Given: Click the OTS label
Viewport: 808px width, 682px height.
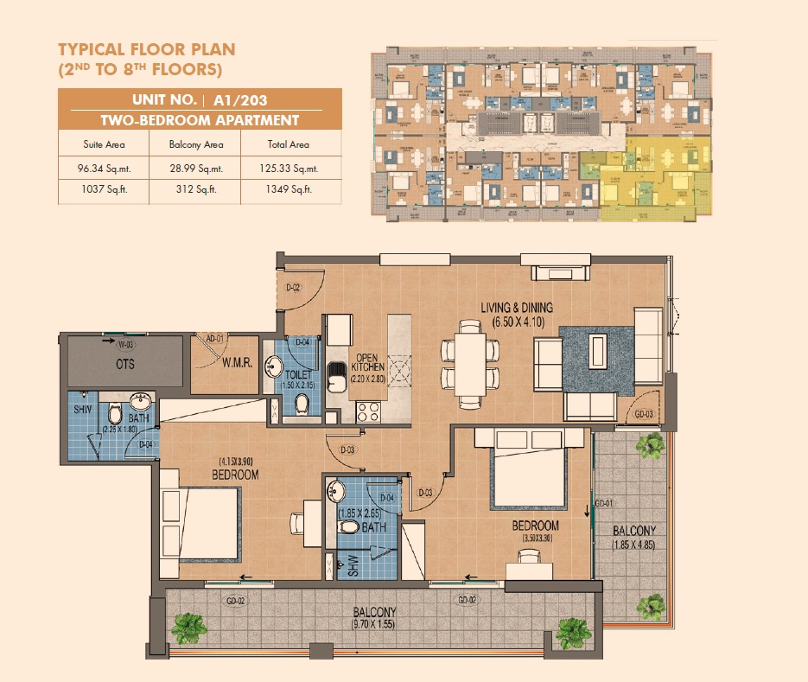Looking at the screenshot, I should pyautogui.click(x=124, y=364).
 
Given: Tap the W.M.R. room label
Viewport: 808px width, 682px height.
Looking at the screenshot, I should pyautogui.click(x=235, y=364).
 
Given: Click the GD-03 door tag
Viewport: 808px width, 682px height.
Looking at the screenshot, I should pyautogui.click(x=644, y=414).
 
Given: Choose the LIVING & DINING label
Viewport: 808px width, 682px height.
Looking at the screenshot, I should pyautogui.click(x=517, y=308).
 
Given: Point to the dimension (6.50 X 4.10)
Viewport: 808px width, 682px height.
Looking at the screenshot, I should pyautogui.click(x=517, y=322).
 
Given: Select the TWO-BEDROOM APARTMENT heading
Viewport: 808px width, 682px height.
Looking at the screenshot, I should pyautogui.click(x=200, y=121).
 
